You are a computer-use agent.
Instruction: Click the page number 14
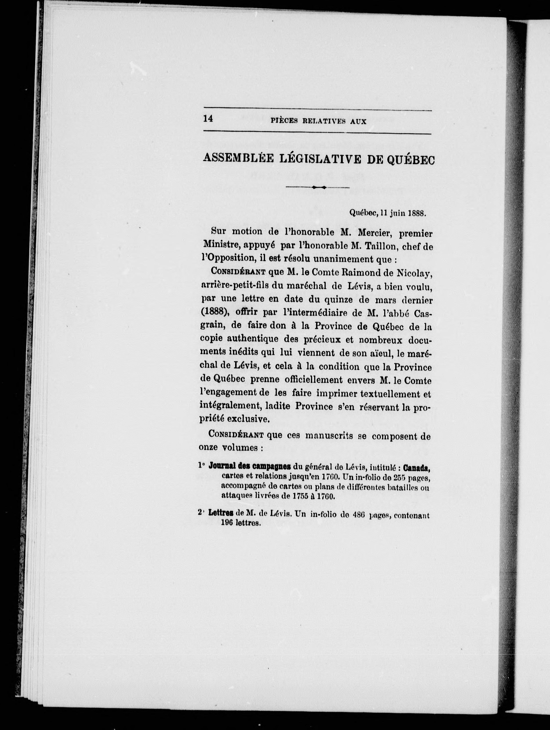[208, 119]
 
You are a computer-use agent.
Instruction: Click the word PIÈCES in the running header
[284, 121]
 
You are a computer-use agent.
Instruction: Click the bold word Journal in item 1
[222, 467]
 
